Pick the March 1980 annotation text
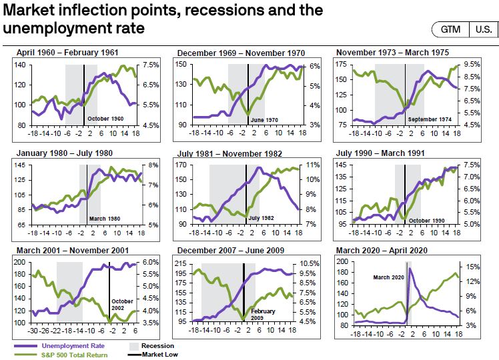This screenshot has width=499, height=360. tap(103, 219)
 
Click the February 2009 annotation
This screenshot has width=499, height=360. tap(264, 315)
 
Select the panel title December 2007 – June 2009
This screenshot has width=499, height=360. tap(231, 250)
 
